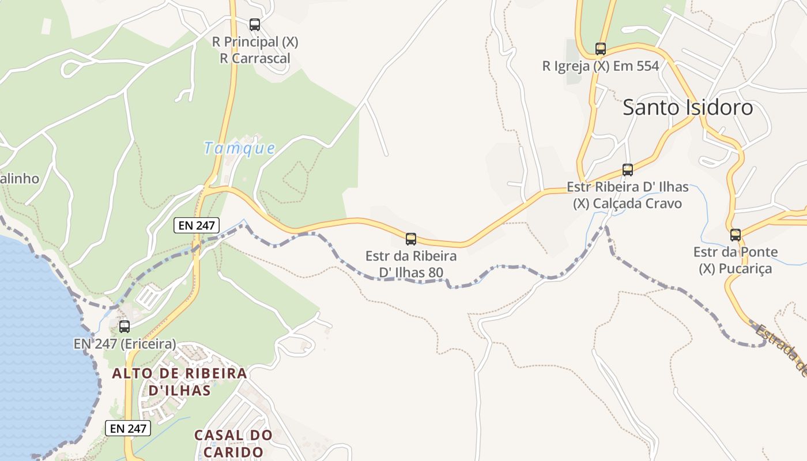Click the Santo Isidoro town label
tap(688, 108)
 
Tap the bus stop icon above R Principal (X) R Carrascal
tap(255, 25)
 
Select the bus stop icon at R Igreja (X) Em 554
tap(601, 49)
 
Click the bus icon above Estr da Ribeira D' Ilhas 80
tap(411, 239)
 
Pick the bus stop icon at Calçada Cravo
tap(628, 170)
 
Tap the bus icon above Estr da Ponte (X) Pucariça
tap(736, 235)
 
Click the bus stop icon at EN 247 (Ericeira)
tap(125, 327)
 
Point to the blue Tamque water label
tap(239, 148)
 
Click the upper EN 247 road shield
tap(197, 225)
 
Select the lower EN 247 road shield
tap(128, 428)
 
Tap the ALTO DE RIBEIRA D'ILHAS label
tap(180, 381)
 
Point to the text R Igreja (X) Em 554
tap(601, 66)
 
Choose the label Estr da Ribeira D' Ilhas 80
tap(411, 264)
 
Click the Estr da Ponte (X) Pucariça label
tap(736, 260)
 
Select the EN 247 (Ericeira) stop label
tap(125, 344)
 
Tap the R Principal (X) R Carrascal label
tap(255, 50)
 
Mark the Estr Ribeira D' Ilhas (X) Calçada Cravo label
tap(628, 195)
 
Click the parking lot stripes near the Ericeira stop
tap(149, 296)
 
